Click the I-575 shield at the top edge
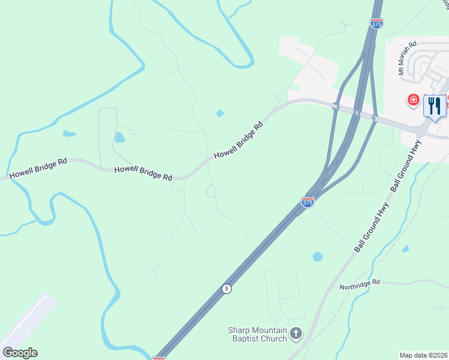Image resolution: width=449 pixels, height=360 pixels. pos(376,23)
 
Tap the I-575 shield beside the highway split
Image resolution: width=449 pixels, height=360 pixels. pos(307,202)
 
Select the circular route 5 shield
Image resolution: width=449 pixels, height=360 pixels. pos(226,289)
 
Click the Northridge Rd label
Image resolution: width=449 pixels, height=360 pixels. pos(360,282)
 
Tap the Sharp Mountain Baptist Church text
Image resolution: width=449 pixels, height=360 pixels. pos(257,334)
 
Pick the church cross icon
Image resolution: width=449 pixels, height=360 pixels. pos(295,334)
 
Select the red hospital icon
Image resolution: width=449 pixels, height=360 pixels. pos(413,100)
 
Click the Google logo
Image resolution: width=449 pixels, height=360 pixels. pos(20,353)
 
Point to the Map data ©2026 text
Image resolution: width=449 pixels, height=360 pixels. pos(423,355)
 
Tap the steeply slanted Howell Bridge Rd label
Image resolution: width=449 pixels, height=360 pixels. pos(239,140)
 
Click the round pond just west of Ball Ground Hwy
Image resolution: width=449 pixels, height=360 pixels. pos(318,257)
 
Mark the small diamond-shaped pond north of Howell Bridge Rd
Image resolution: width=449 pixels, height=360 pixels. pos(220,113)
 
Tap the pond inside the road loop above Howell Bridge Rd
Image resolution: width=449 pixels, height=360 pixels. pos(119,137)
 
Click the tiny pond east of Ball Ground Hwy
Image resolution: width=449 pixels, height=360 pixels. pos(405,249)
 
